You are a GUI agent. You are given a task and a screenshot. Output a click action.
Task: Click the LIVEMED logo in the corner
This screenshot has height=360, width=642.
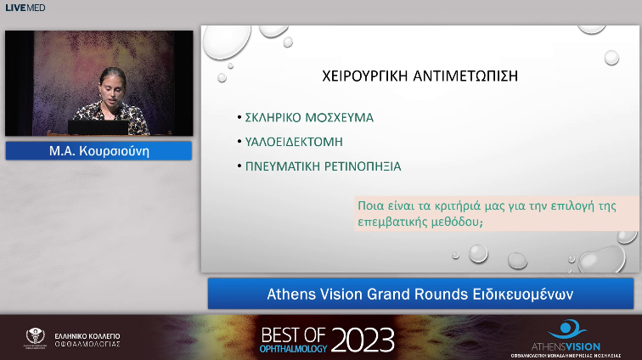[25, 8]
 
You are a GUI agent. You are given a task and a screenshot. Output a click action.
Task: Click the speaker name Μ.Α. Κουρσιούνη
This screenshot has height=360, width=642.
[99, 151]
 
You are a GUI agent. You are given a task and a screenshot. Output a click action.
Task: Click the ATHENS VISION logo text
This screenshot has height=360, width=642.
[574, 346]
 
